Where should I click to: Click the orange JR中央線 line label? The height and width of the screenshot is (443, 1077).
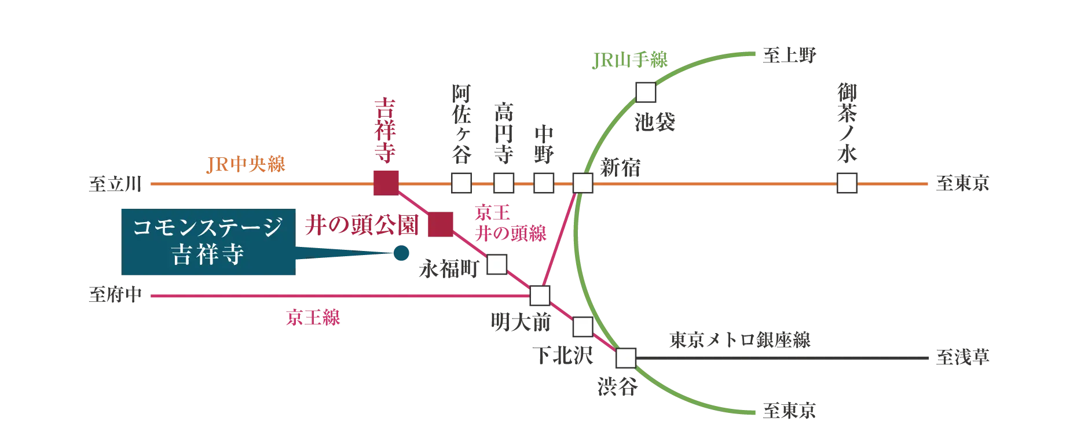[x=246, y=165]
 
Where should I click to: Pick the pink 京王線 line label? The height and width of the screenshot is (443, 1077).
[x=313, y=319]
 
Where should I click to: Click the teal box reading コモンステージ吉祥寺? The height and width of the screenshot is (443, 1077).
[x=208, y=242]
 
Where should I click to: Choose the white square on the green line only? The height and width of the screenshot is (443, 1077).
[x=646, y=92]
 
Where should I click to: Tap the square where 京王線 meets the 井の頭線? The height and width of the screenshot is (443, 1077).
[x=540, y=296]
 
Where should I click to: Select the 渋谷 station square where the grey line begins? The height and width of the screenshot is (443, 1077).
[x=625, y=358]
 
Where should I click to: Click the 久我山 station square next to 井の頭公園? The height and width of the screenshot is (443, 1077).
[x=497, y=264]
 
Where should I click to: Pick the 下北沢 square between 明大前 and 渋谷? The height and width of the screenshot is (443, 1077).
[x=581, y=327]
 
